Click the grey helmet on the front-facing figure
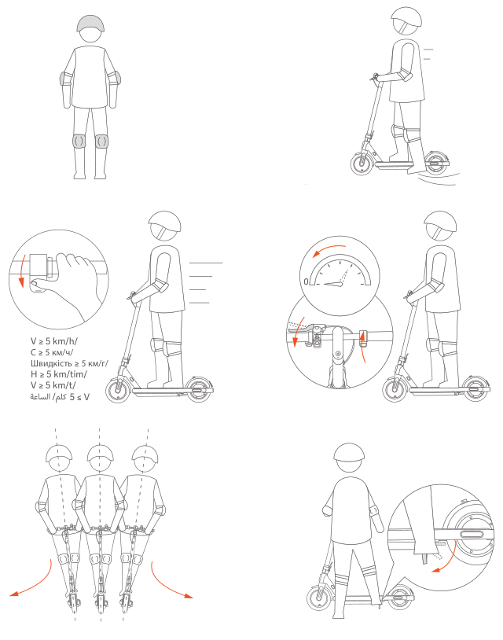click(90, 23)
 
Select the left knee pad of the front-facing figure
click(79, 141)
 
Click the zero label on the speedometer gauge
click(306, 281)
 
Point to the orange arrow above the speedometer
click(329, 249)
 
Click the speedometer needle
click(334, 283)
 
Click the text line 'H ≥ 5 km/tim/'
click(58, 374)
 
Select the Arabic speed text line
click(60, 396)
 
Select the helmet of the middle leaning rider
click(101, 453)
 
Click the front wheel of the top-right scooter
click(362, 164)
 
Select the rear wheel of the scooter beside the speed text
click(199, 389)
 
